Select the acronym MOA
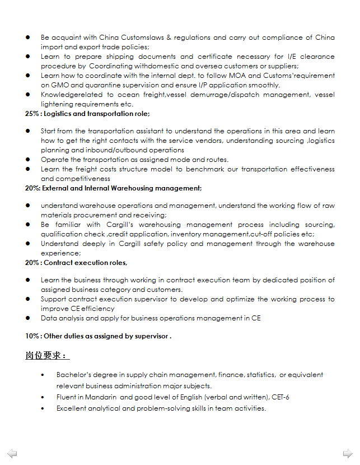point(254,76)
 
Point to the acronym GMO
point(60,85)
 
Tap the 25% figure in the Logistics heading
point(31,114)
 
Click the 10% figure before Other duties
point(31,336)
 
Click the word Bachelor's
point(73,375)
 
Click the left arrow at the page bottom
point(12,453)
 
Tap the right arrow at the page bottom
point(347,453)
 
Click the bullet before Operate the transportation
point(27,160)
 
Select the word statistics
point(260,375)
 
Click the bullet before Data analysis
point(27,318)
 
